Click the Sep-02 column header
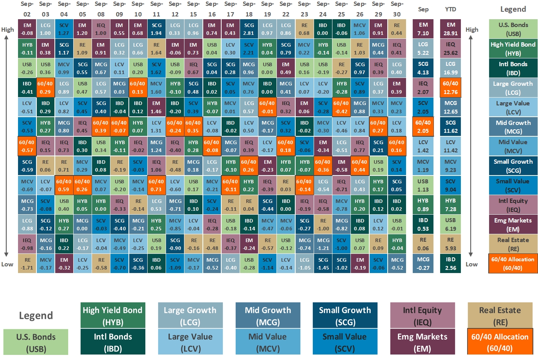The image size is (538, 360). [27, 9]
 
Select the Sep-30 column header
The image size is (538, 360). [397, 9]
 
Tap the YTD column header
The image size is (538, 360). [450, 9]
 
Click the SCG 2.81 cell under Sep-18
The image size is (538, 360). [249, 29]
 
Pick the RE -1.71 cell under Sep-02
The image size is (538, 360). [27, 264]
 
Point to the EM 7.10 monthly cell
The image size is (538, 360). [423, 29]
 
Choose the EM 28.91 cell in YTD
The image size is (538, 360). [450, 29]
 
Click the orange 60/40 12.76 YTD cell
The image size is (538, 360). [450, 88]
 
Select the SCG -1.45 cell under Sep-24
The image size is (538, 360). [323, 264]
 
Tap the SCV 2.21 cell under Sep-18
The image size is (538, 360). [249, 49]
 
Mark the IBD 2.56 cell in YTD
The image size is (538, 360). [450, 264]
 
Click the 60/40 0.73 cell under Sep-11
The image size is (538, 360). [156, 185]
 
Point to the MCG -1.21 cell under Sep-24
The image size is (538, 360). [323, 244]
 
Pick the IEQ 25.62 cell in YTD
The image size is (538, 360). [450, 49]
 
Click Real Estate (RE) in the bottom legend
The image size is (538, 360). [500, 315]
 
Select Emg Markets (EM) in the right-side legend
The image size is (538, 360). [513, 224]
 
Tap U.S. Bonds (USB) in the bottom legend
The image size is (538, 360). [36, 342]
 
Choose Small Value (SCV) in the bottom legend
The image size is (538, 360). [345, 342]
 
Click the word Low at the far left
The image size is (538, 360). [7, 264]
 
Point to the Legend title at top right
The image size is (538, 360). [513, 9]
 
